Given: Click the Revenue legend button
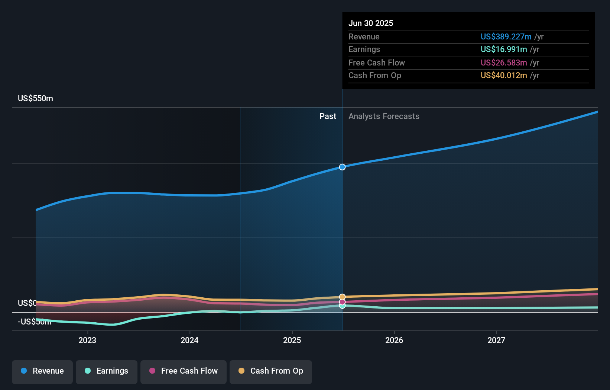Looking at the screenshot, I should tap(42, 371).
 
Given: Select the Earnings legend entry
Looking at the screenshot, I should tap(107, 371).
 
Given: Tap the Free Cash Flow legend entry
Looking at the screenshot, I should tap(184, 371).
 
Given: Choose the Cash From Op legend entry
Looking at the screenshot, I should tap(271, 371).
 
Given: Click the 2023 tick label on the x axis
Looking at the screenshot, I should tap(87, 340).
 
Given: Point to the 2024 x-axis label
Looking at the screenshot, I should tap(189, 340).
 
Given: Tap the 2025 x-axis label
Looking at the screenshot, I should tap(292, 340).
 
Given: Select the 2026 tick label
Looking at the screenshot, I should tap(394, 340).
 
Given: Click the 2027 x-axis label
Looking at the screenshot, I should tap(496, 340).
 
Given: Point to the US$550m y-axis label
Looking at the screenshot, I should tap(35, 99).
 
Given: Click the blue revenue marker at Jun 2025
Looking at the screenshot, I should tap(342, 167).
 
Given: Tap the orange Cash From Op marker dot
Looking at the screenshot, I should tap(342, 297).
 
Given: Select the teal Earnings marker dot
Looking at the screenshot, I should tap(342, 306).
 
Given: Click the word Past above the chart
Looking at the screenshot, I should tap(328, 116).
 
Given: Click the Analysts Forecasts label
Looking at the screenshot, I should tap(384, 116).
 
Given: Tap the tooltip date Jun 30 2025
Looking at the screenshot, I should tap(370, 23).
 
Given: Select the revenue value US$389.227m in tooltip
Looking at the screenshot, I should tap(506, 37).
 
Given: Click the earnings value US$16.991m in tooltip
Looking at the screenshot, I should tap(503, 49).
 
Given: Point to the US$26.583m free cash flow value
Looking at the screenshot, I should tap(503, 63).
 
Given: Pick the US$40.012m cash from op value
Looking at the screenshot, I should tap(503, 76).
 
